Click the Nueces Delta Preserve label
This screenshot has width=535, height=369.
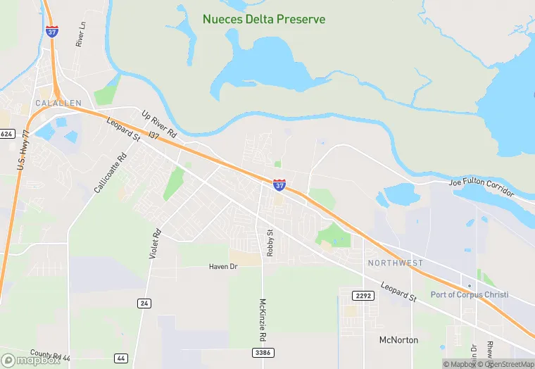click(264, 19)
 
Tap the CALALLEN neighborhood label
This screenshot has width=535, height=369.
click(58, 103)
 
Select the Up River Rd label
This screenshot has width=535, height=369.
click(159, 124)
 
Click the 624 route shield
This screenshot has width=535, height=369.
click(7, 134)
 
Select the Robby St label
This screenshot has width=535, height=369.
click(270, 242)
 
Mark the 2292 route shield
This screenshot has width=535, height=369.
click(363, 296)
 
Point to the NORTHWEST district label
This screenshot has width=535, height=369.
click(396, 263)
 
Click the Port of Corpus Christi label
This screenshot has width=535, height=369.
click(470, 294)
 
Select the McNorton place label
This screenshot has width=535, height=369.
click(398, 340)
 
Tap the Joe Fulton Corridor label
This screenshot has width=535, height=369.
click(482, 188)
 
